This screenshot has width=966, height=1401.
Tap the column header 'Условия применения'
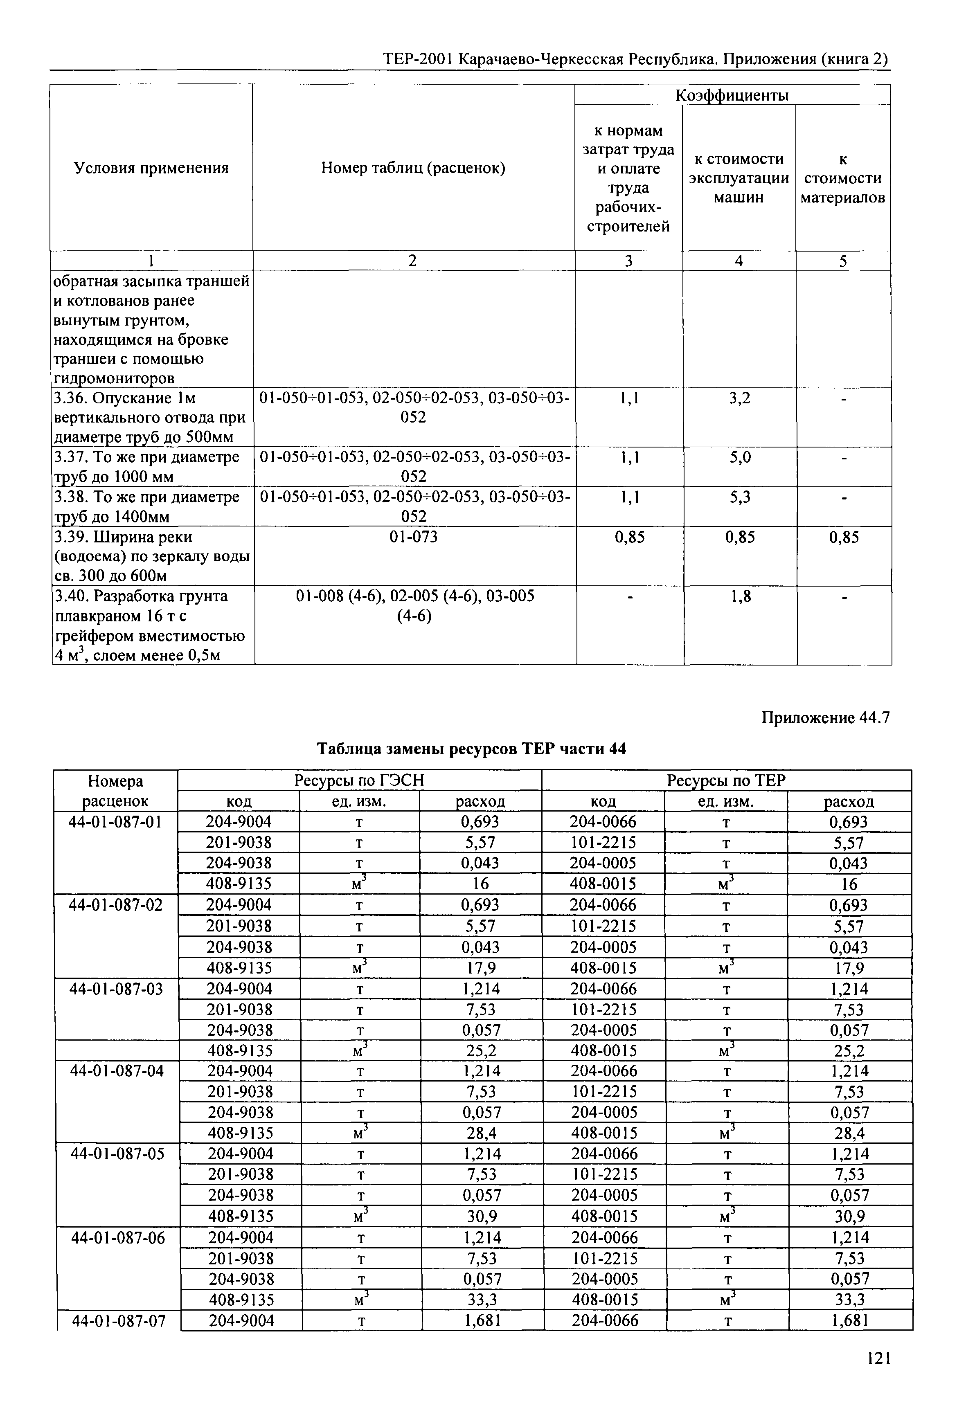coord(151,168)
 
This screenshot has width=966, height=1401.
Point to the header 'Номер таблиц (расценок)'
coord(413,168)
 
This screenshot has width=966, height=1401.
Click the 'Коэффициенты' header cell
coord(732,95)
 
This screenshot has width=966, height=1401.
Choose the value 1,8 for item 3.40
coord(740,597)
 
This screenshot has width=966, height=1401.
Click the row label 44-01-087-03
coord(117,989)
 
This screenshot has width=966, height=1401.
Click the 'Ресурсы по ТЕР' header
coord(726,781)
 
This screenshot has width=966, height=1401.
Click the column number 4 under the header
coord(739,261)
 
